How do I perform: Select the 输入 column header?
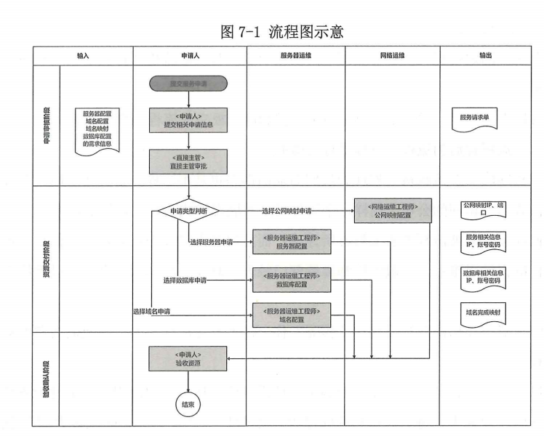pos(84,55)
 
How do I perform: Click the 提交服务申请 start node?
pos(189,84)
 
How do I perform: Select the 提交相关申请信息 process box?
pos(189,121)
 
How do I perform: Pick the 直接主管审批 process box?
pos(189,161)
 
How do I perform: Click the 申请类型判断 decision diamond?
pos(188,211)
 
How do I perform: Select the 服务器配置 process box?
pos(292,242)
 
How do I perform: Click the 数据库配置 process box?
pos(292,279)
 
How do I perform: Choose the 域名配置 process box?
pos(292,313)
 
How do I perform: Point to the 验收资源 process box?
pos(189,358)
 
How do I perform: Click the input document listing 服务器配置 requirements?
pos(102,129)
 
